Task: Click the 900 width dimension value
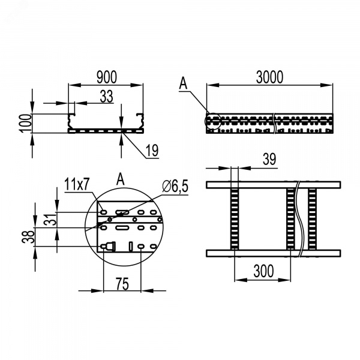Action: click(107, 77)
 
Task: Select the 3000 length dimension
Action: click(269, 77)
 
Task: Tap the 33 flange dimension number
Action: click(107, 97)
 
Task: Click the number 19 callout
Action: click(152, 151)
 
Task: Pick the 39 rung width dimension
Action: click(269, 159)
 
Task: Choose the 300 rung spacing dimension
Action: click(263, 271)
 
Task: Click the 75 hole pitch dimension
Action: click(122, 284)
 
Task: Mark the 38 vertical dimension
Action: click(28, 237)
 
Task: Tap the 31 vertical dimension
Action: click(50, 220)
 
